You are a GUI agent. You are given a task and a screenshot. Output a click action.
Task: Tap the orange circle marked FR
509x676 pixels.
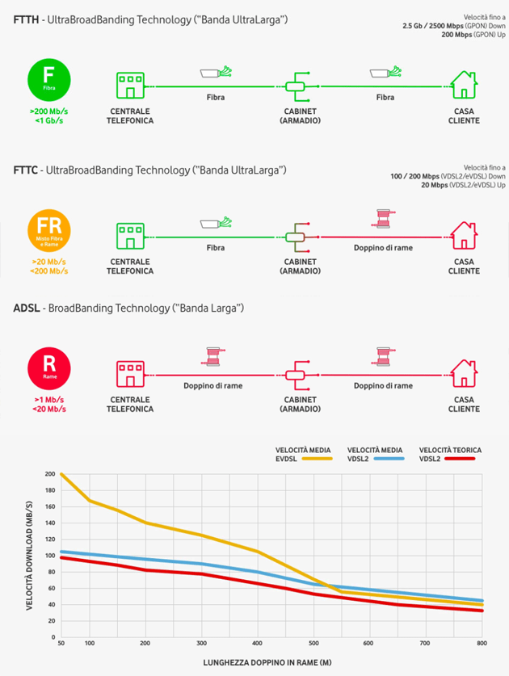pos(49,230)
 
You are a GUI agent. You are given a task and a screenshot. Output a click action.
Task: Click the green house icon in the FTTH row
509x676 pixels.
pos(464,84)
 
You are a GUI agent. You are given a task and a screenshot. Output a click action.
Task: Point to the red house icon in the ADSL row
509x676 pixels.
pos(464,374)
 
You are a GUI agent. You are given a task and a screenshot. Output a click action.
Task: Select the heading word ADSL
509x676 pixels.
pos(28,309)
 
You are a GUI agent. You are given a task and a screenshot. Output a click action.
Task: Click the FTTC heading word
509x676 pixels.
pos(28,170)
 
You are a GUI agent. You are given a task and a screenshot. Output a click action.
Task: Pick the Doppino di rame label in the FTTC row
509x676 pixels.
pos(383,247)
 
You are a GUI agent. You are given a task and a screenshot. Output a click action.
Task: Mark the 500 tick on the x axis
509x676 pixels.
pos(313,642)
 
